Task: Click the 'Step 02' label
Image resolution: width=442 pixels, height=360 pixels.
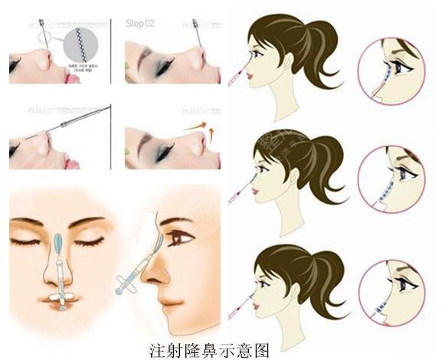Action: (140, 24)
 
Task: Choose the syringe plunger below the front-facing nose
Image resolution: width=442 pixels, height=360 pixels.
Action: (60, 296)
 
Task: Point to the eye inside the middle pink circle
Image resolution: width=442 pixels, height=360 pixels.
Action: (405, 175)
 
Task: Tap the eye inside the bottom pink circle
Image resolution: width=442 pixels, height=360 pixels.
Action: (405, 286)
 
